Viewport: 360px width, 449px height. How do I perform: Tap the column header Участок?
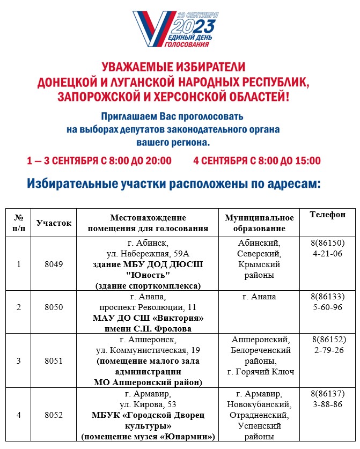[54, 223]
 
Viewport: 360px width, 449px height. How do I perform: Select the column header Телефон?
[328, 215]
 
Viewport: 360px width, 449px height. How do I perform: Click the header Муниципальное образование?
[259, 223]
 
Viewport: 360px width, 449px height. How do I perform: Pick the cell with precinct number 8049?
[54, 264]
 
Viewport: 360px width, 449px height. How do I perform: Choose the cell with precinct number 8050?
[54, 312]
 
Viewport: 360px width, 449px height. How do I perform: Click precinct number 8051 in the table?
[54, 360]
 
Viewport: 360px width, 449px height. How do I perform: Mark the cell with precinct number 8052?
[54, 415]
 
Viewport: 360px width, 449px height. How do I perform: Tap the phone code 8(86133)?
[328, 297]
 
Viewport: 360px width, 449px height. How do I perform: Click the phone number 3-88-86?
[328, 404]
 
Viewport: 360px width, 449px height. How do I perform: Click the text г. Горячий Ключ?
[261, 371]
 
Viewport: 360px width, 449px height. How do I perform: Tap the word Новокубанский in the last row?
[261, 404]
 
